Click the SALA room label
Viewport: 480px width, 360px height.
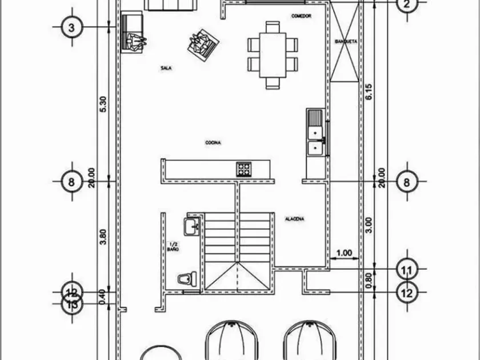(x=166, y=68)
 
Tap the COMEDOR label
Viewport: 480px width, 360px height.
(x=301, y=16)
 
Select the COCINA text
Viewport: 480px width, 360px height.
(x=213, y=142)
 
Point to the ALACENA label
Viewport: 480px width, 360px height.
(x=294, y=219)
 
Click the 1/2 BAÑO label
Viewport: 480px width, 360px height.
(x=173, y=247)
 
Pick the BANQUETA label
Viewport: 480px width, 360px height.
(x=346, y=42)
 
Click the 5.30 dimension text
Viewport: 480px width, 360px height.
(x=103, y=103)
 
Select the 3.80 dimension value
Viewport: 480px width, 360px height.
(x=103, y=237)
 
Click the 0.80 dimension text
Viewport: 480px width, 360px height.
(x=369, y=279)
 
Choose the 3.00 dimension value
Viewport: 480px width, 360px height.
(x=369, y=225)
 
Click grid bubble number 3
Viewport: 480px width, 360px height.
(x=71, y=27)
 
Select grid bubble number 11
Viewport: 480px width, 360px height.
(x=407, y=269)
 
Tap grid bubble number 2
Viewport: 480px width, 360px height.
(x=407, y=5)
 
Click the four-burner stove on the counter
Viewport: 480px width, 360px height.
(x=244, y=169)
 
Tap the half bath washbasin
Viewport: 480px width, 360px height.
(x=191, y=226)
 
